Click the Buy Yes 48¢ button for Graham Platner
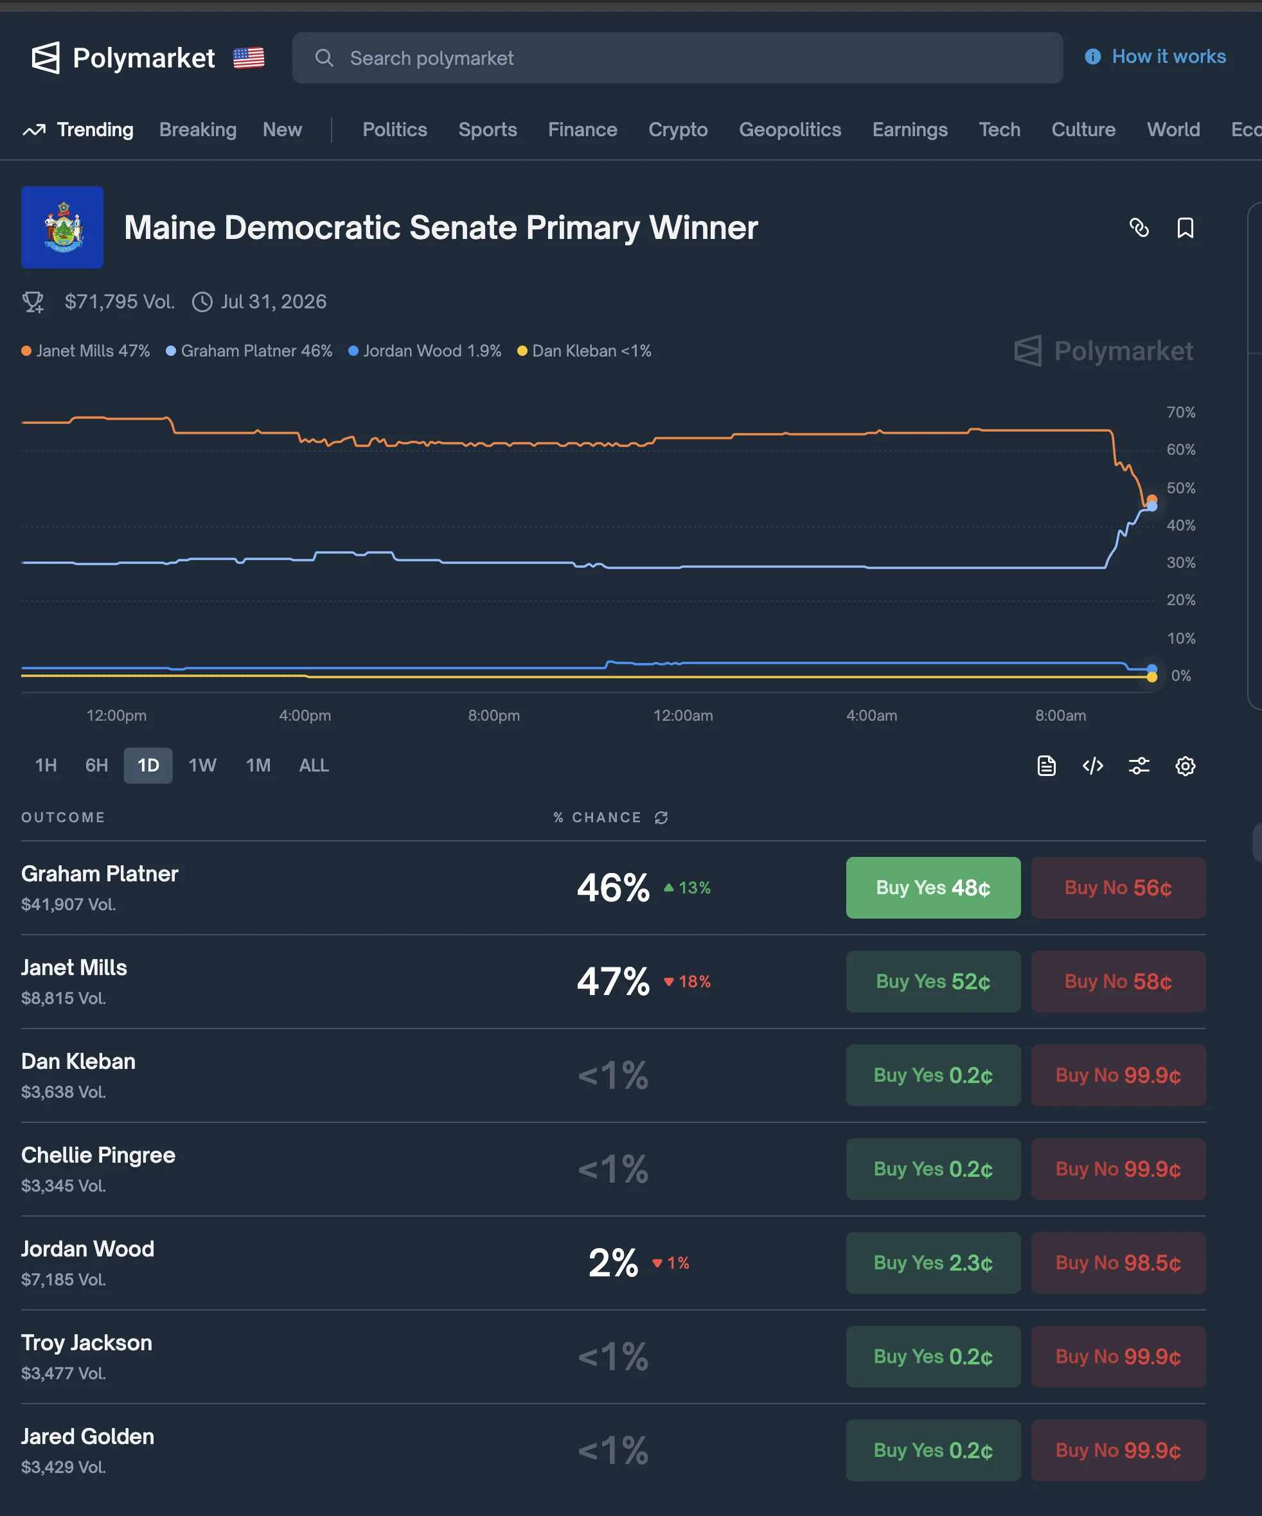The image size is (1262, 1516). pos(933,887)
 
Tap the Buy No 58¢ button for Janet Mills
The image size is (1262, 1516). pos(1117,981)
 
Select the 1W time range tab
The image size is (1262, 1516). pos(202,765)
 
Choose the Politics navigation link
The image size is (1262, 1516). pos(394,129)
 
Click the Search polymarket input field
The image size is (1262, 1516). pos(677,58)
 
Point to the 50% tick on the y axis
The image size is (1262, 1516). pos(1180,488)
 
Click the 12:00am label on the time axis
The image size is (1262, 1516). pos(682,716)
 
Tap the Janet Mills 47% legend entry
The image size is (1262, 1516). pos(86,351)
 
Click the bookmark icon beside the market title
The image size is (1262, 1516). pos(1185,228)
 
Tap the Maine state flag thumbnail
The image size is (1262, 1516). pos(62,227)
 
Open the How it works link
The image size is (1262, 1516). pos(1168,57)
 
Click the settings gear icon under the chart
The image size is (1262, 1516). pos(1185,766)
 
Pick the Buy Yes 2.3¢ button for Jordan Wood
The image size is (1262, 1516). pos(933,1263)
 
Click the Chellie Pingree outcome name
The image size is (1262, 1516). pos(98,1155)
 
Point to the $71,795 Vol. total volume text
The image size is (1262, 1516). pos(119,302)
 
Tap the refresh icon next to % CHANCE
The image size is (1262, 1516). pos(661,817)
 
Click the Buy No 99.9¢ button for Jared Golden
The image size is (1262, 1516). pos(1117,1450)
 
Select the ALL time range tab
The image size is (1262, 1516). pos(314,765)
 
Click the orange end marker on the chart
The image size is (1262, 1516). pos(1152,500)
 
